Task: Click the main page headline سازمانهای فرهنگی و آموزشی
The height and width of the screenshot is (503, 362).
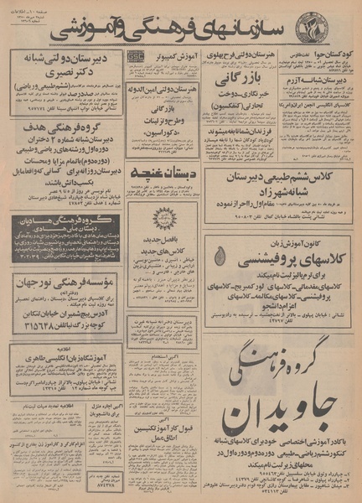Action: [x=180, y=30]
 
